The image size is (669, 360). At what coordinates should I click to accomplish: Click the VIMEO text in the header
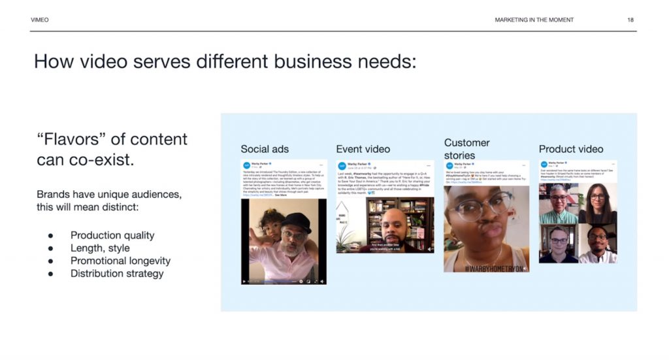(x=39, y=20)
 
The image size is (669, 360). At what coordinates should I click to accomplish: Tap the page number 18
(x=630, y=20)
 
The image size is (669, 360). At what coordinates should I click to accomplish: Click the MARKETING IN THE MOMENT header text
(x=534, y=20)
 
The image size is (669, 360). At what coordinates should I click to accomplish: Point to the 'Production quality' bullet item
(x=112, y=235)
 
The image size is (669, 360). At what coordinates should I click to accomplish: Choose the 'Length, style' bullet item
(x=100, y=248)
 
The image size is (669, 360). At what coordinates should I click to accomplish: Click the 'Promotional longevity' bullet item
(x=120, y=261)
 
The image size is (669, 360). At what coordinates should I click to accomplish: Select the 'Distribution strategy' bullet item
(x=117, y=274)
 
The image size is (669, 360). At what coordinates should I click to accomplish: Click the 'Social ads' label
(x=265, y=149)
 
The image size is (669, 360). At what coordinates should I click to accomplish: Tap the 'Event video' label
(x=363, y=149)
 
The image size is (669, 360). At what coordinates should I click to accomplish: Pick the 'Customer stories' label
(x=466, y=149)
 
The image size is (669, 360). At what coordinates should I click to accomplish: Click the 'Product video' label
(x=571, y=149)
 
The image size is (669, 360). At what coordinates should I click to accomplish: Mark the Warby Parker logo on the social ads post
(x=247, y=166)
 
